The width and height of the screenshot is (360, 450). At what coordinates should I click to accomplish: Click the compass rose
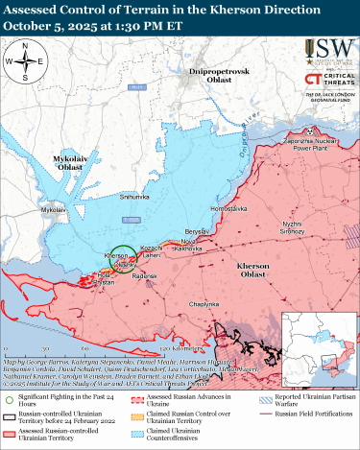pyautogui.click(x=28, y=61)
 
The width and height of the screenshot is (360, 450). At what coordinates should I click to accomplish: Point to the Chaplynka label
pyautogui.click(x=205, y=304)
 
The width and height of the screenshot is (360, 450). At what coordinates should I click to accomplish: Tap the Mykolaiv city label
pyautogui.click(x=55, y=208)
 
